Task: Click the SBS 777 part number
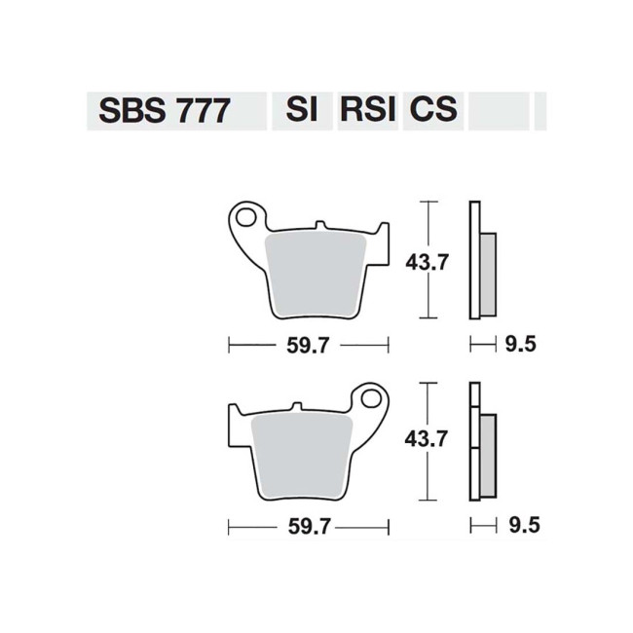[x=164, y=110]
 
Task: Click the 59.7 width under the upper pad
[x=308, y=345]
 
